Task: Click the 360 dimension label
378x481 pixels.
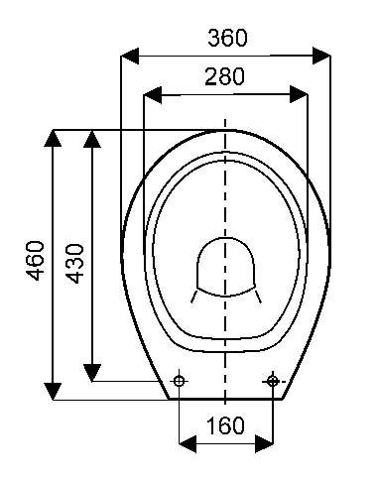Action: click(x=227, y=38)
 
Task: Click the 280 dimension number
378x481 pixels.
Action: click(x=224, y=76)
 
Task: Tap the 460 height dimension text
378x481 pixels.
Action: click(x=36, y=261)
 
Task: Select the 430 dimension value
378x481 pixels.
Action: click(x=74, y=264)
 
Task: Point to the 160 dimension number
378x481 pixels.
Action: click(x=225, y=425)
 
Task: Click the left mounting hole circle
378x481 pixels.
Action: click(x=179, y=381)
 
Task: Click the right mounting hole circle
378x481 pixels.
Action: click(x=272, y=381)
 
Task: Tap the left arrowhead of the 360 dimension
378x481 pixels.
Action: click(x=130, y=56)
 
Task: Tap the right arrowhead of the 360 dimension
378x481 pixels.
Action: click(x=321, y=56)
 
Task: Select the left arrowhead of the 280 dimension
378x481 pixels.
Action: click(x=153, y=95)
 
